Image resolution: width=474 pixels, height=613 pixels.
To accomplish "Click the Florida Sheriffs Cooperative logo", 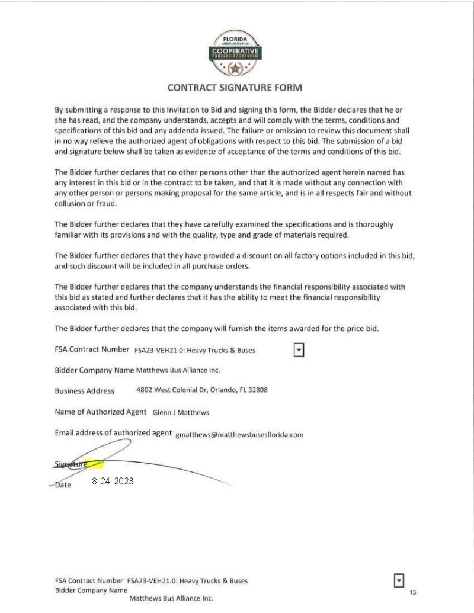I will point(236,54).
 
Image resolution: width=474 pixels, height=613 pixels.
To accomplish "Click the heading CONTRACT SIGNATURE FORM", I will point(235,88).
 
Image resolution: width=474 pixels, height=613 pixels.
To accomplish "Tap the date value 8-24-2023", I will point(113,482).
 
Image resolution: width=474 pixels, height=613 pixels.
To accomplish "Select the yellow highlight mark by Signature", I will point(94,464).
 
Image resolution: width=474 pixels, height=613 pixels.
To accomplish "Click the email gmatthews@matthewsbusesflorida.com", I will point(239,435).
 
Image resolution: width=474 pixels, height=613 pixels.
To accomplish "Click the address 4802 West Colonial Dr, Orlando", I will point(202,390).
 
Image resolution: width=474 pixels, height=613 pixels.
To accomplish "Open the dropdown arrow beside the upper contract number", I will point(299,350).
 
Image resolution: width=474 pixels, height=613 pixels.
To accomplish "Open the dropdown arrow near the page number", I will point(399,580).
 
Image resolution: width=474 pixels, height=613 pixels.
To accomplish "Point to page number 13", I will point(413,592).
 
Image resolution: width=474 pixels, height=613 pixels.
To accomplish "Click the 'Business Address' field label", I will point(84,391).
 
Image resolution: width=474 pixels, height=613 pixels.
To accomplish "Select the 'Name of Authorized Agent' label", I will point(100,412).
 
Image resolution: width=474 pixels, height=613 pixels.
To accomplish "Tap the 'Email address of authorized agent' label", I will point(113,433).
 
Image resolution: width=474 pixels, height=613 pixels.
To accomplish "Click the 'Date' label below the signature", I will point(63,485).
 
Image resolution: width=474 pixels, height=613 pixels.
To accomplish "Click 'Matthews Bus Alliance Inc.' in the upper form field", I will point(178,370).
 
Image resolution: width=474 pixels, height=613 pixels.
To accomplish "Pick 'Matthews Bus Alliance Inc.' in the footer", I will point(171,599).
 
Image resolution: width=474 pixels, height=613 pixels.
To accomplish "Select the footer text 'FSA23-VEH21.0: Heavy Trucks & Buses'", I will point(187,581).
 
